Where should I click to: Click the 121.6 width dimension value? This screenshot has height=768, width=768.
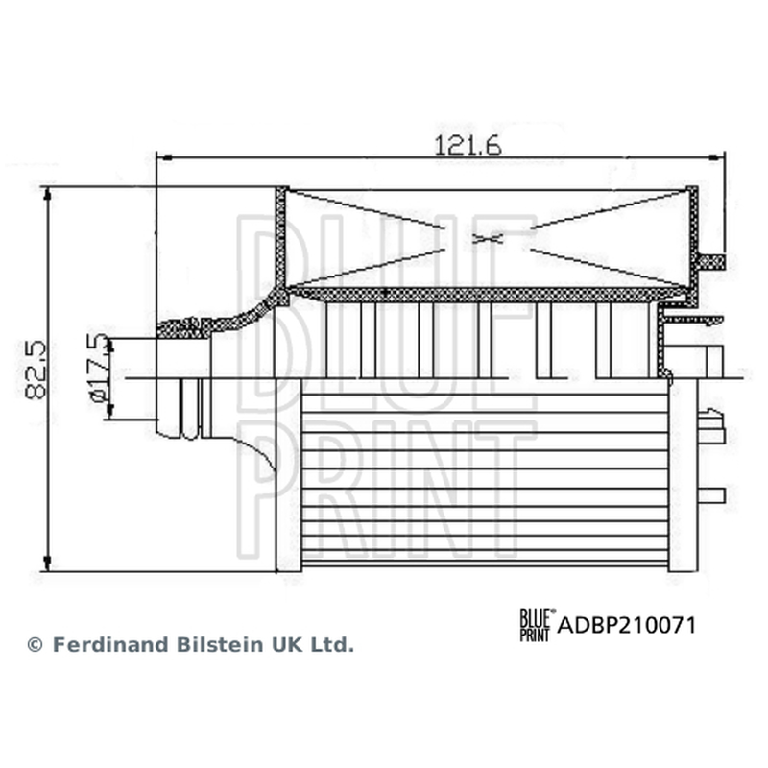coord(468,146)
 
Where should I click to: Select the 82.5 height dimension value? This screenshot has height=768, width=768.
coord(36,371)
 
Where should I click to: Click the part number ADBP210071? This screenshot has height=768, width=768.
coord(627,626)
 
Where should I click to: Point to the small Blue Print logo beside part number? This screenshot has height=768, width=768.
coord(538,625)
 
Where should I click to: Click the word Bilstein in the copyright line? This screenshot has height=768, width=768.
coord(220,644)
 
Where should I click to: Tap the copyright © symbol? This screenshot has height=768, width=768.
coord(35,645)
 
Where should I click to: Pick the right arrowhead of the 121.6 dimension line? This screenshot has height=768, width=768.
coord(716,157)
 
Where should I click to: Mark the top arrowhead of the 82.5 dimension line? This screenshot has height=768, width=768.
coord(47,195)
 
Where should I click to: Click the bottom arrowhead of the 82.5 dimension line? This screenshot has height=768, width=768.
coord(47,564)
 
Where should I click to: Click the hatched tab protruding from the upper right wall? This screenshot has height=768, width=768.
coord(711,262)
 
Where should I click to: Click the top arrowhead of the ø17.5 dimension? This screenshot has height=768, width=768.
coord(110,346)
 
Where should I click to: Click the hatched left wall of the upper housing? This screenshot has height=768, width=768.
coord(280,239)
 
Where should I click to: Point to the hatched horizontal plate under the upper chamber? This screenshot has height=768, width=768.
coord(485,294)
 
